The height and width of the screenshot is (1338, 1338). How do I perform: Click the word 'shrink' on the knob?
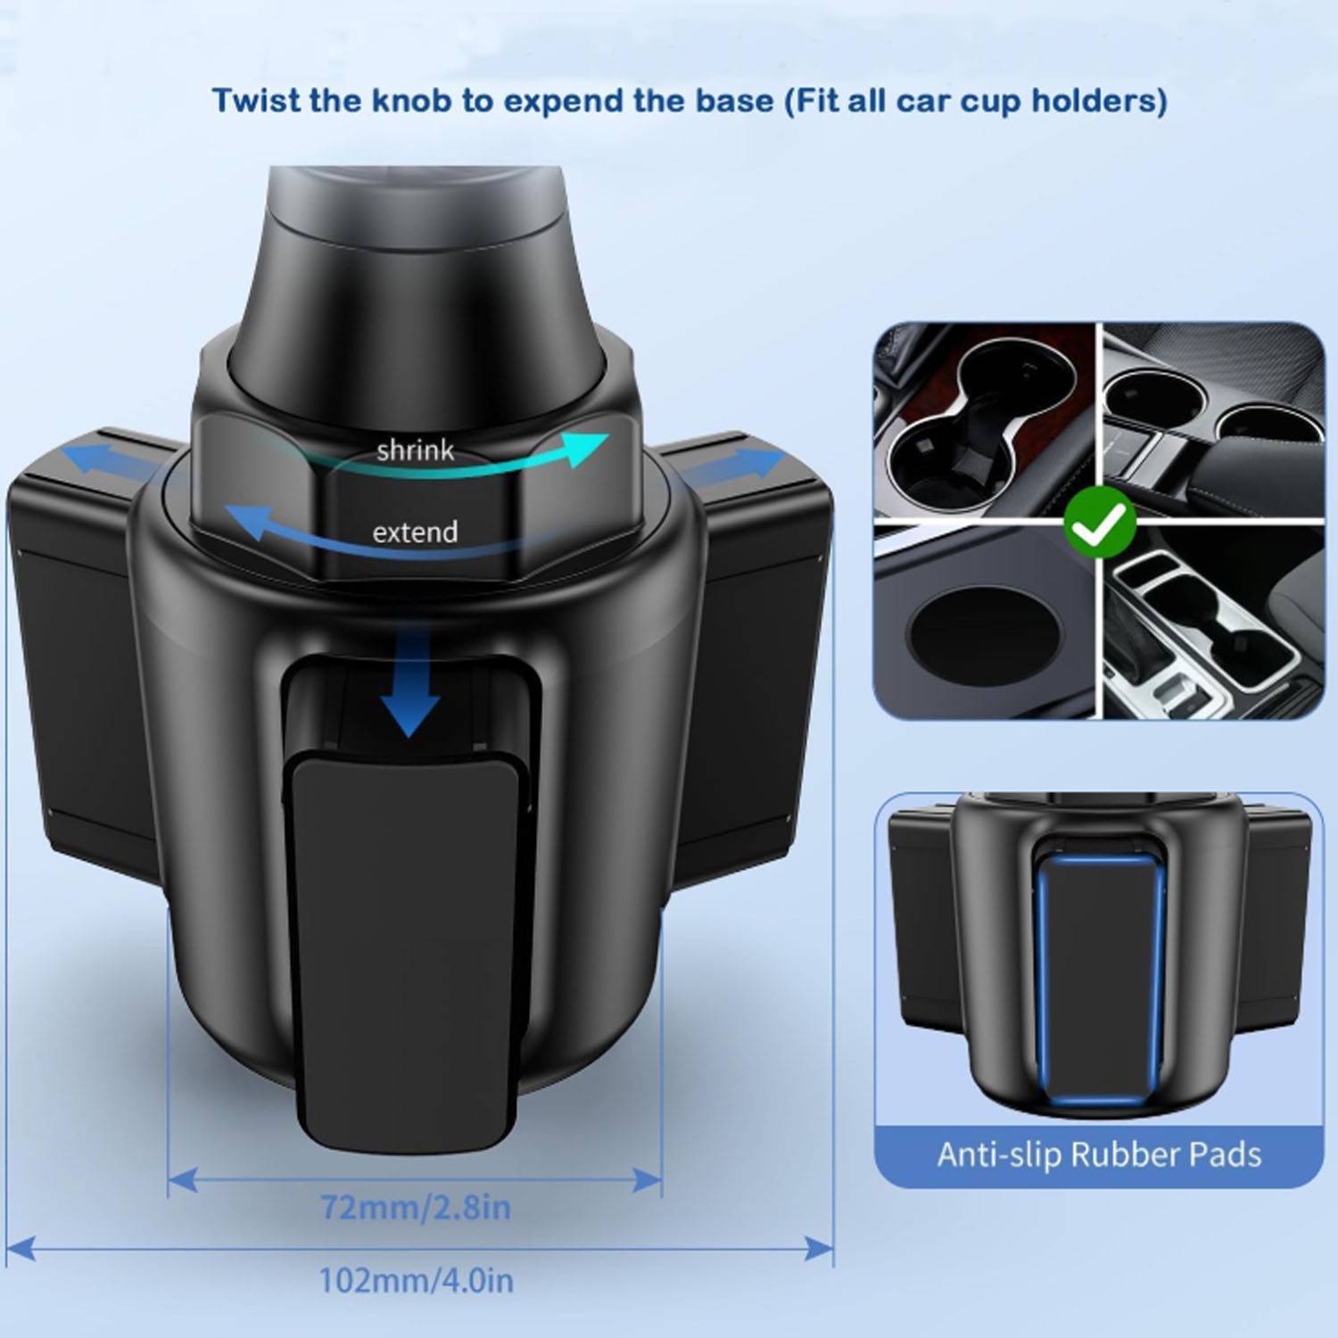[415, 450]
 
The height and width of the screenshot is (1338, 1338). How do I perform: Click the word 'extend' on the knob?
[415, 533]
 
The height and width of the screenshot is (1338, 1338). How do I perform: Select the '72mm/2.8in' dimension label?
[416, 1208]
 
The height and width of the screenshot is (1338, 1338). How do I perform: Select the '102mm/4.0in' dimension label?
[416, 1281]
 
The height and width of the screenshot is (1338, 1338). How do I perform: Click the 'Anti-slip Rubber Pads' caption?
[1099, 1155]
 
